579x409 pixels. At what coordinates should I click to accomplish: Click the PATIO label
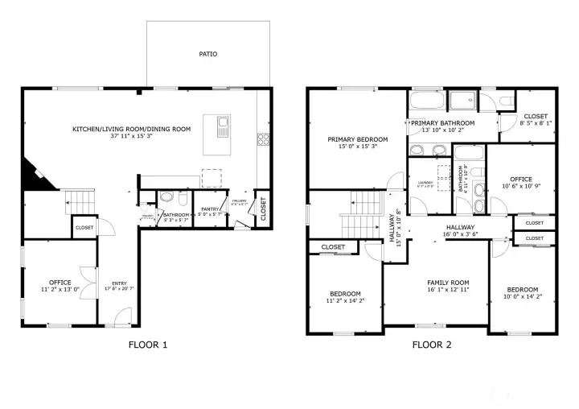click(x=208, y=55)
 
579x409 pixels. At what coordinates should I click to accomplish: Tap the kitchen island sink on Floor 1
click(x=223, y=126)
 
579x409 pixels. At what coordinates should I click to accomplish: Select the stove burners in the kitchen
click(x=262, y=138)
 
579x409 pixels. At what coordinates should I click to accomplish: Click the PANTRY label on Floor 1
click(x=212, y=209)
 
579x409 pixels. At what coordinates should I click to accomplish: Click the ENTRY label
click(x=119, y=283)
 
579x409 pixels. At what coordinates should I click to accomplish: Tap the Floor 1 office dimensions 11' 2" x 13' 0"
click(x=60, y=289)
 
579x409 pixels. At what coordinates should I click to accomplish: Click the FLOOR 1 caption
click(x=148, y=345)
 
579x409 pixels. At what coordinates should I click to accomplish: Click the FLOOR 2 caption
click(x=432, y=345)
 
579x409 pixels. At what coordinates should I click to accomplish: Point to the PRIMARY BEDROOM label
click(x=357, y=139)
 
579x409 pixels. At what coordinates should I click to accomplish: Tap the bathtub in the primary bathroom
click(x=427, y=102)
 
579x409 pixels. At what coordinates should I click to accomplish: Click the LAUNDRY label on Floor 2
click(x=425, y=183)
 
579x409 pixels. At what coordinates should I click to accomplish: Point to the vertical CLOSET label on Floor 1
click(x=262, y=208)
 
